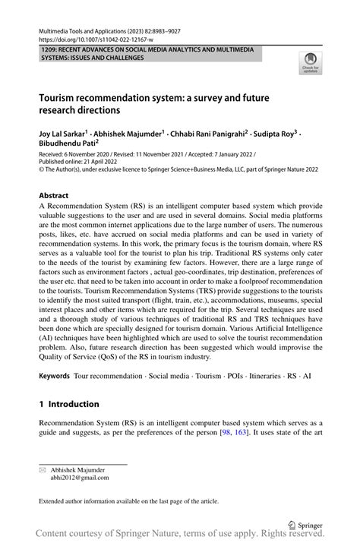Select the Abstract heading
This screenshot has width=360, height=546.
(54, 195)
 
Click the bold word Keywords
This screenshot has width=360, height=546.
(54, 376)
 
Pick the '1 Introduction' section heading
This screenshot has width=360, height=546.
(69, 404)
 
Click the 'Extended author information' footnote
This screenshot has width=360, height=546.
(129, 501)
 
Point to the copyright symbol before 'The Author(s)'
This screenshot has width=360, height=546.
(42, 169)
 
